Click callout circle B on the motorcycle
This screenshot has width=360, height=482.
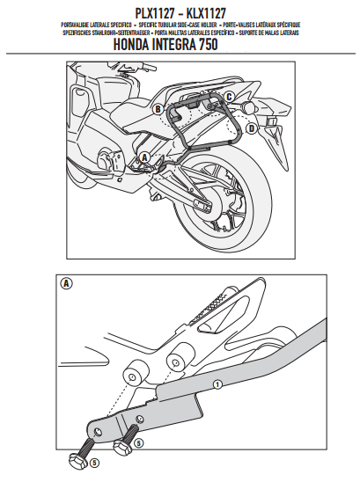click(x=157, y=109)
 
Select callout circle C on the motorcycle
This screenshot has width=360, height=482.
click(x=229, y=96)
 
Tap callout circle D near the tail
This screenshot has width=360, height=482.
click(x=251, y=128)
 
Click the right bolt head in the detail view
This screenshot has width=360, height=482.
click(x=121, y=446)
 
